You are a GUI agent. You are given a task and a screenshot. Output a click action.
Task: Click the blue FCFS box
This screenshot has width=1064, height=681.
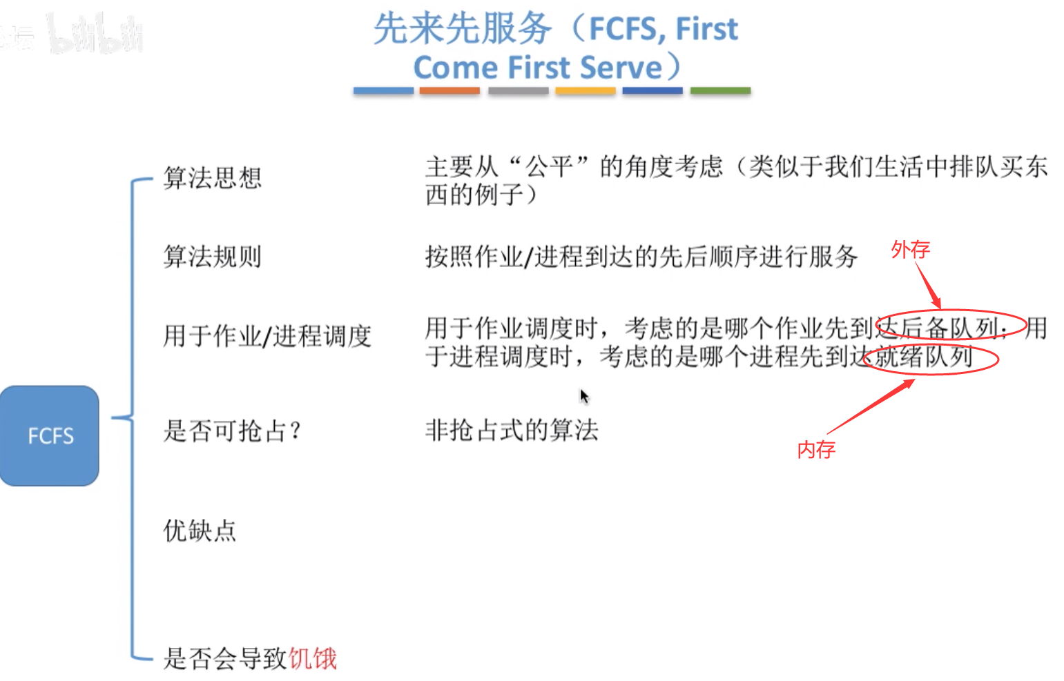coord(50,435)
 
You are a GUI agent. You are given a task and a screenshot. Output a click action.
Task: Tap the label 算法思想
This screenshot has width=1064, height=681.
coord(212,178)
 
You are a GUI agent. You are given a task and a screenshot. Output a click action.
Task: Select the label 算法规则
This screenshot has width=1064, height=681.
coord(212,257)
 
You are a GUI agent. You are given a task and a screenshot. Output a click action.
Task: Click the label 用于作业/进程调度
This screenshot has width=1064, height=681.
coord(267,337)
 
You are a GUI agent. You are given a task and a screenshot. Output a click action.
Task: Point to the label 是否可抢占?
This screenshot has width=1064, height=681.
coord(232,431)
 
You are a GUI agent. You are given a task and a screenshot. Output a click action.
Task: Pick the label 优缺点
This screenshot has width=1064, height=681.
coord(200,531)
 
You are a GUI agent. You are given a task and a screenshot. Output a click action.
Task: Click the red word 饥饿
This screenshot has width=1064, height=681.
coord(312,658)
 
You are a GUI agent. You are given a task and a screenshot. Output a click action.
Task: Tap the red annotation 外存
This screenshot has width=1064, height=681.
coord(910,249)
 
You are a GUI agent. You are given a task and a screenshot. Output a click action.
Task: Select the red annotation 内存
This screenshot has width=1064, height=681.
coord(816,450)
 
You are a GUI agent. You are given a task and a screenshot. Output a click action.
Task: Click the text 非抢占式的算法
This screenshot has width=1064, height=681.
coord(512,431)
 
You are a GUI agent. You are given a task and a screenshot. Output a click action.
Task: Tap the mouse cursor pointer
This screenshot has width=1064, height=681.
coord(584,396)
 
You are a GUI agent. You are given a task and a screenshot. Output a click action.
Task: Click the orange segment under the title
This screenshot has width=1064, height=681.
coord(449,90)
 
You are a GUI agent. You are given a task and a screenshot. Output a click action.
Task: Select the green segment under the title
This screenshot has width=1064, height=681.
coord(720,90)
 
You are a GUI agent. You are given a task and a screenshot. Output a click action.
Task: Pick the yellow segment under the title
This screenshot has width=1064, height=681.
coord(585,90)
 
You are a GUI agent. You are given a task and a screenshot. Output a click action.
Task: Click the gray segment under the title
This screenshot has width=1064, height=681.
coord(518,90)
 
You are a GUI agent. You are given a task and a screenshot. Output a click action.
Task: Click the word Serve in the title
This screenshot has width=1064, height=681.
coord(621,68)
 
